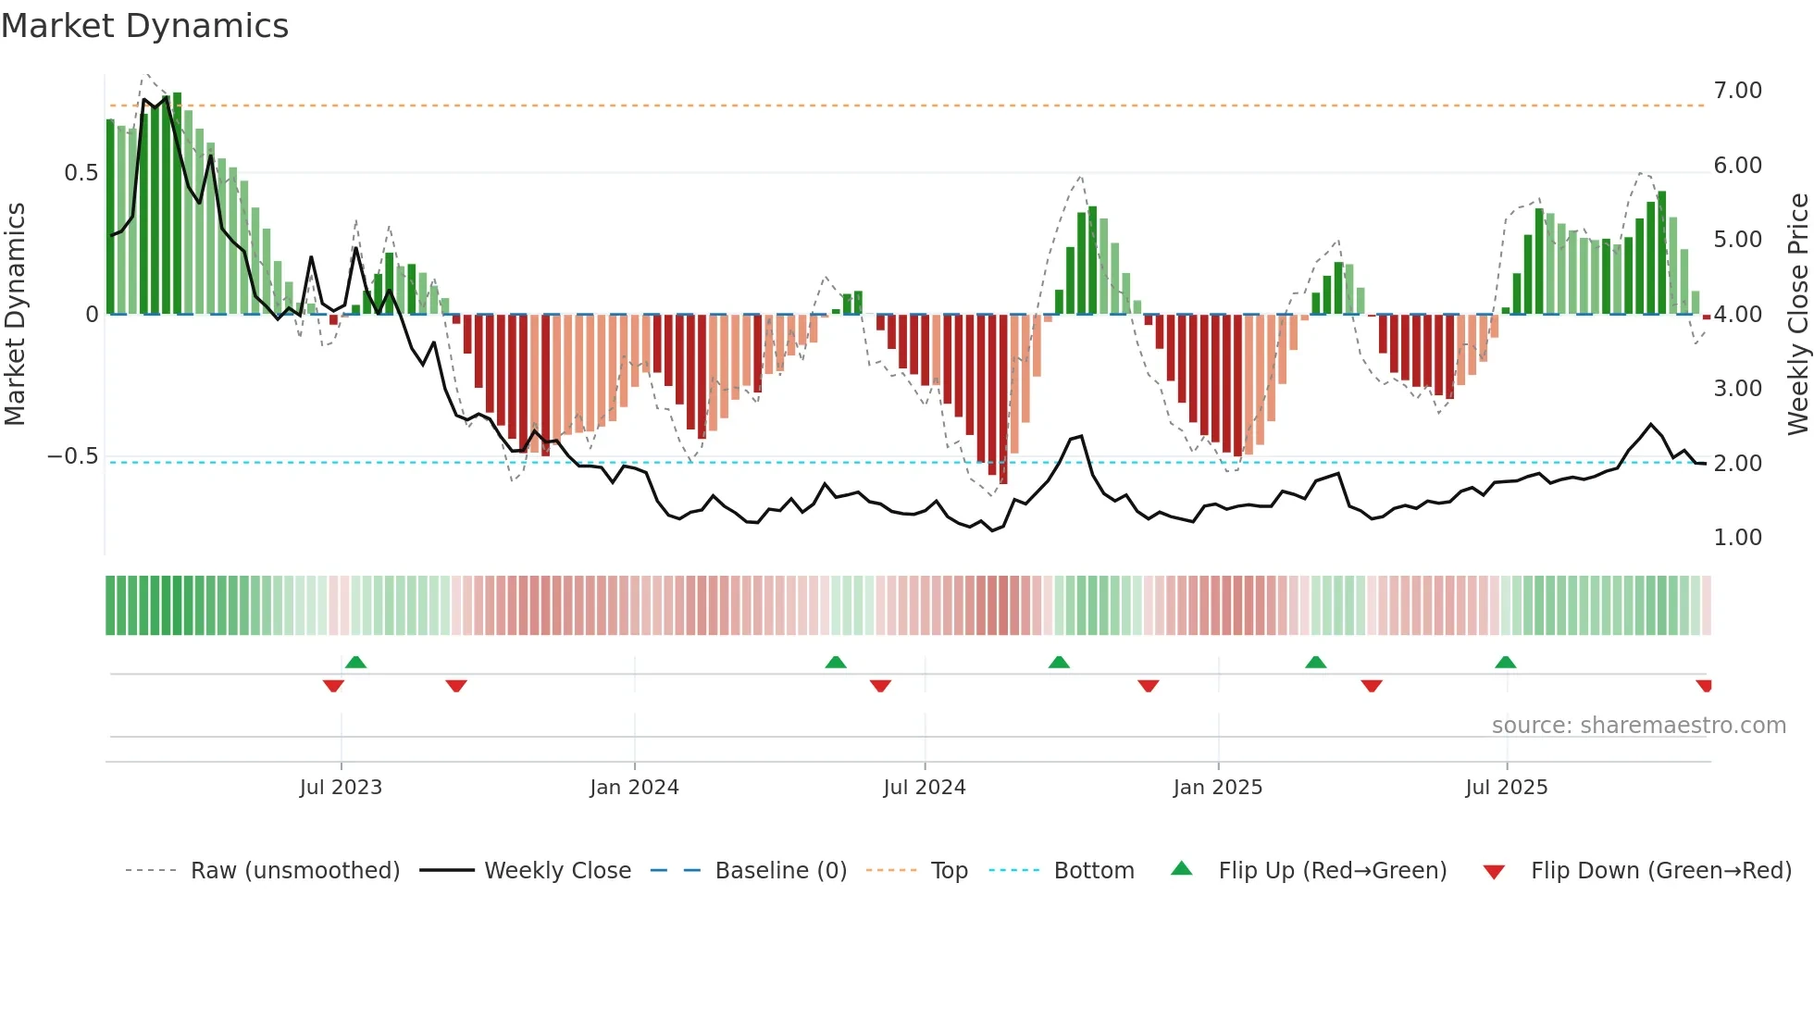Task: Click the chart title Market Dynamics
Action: coord(145,26)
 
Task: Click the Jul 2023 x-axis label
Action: coord(341,787)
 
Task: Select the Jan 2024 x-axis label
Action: coord(634,787)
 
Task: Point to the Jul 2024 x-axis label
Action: coord(924,787)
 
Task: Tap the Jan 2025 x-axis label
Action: coord(1217,787)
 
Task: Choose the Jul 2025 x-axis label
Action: coord(1506,787)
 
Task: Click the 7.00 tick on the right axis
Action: coord(1737,91)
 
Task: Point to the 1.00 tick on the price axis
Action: coord(1737,538)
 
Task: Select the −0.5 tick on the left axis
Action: coord(72,456)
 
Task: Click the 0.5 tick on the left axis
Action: coord(81,173)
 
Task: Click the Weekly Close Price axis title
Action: coord(1797,314)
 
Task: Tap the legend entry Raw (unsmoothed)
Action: coord(294,870)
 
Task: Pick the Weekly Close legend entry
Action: coord(557,870)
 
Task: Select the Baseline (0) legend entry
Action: coord(780,870)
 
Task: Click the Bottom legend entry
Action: coord(1093,870)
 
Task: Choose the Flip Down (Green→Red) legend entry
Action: coord(1660,870)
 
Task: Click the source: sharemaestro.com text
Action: coord(1638,725)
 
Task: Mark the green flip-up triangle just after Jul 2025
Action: coord(1505,663)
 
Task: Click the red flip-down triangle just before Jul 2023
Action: coord(333,686)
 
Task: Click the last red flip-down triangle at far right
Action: coord(1704,686)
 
